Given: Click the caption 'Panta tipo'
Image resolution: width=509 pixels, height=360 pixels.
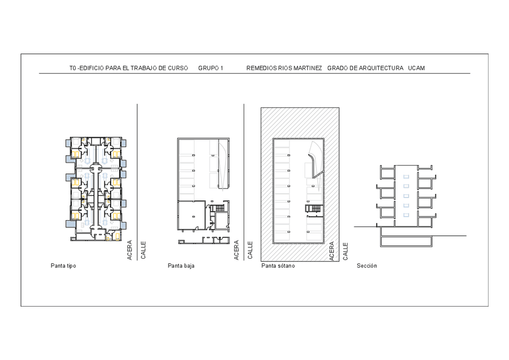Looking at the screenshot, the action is click(63, 266).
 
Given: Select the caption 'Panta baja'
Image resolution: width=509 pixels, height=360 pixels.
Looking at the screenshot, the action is click(181, 266).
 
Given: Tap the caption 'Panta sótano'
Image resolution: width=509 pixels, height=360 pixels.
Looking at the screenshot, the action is click(278, 266).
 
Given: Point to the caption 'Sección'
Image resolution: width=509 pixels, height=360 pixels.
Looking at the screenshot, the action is click(367, 266).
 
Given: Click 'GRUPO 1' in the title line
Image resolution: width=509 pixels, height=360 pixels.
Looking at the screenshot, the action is click(211, 68).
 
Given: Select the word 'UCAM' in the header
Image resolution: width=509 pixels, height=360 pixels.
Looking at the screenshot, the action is click(417, 68).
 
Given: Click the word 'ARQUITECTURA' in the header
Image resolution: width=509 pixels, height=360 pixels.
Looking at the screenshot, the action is click(381, 68).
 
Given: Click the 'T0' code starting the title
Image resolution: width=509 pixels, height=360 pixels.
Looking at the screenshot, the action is click(73, 68).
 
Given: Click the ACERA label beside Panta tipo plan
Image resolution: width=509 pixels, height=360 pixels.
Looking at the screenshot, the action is click(130, 250).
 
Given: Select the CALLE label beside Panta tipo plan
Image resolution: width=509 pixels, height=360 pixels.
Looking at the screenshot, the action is click(143, 250).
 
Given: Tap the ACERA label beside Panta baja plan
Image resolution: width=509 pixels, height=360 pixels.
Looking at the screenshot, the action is click(236, 250).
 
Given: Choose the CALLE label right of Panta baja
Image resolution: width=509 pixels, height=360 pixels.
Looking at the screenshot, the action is click(250, 250).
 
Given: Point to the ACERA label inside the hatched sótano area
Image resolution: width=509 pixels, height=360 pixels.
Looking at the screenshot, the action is click(331, 251).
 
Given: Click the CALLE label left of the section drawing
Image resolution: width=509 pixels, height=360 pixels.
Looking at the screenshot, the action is click(345, 251).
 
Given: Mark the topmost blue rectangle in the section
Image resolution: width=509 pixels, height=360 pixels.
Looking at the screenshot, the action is click(406, 176).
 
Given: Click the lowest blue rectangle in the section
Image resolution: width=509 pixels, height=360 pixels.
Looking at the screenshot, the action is click(406, 215).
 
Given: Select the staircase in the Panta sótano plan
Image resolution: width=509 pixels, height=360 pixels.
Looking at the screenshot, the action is click(313, 209).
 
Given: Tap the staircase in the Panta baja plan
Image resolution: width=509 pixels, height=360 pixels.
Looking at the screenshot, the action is click(217, 208).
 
